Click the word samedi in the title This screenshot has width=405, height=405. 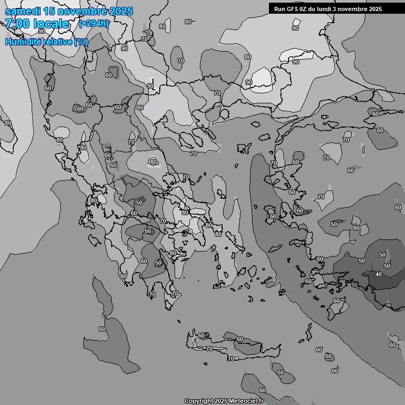point(23,11)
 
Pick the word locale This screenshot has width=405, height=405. point(51,24)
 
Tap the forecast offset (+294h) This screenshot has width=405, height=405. point(94,23)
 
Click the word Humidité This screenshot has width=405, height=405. point(21,42)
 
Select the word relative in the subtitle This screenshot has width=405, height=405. point(55,42)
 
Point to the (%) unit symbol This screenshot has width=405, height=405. point(81,42)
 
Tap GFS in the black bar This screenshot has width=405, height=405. point(293,8)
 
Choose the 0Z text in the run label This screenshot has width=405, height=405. point(305,8)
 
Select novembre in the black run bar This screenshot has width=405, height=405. point(356,8)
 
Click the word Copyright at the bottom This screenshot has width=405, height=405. point(199,401)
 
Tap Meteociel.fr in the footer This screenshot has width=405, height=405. point(246,401)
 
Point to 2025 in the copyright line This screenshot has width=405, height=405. point(221,401)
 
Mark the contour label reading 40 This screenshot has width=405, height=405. point(378,274)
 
